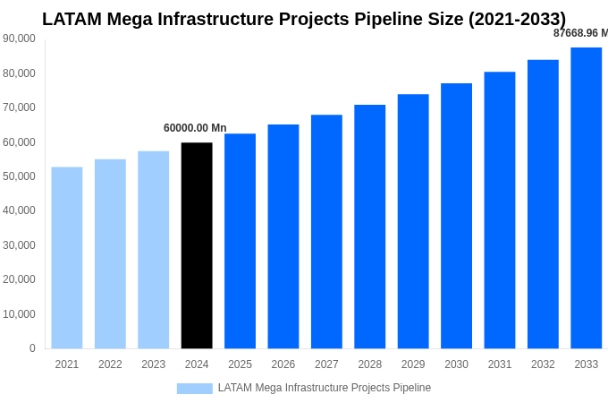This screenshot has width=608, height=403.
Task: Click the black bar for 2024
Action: click(197, 245)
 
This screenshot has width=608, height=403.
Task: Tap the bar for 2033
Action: click(586, 198)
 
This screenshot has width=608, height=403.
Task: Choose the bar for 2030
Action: click(456, 216)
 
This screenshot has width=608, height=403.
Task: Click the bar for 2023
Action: click(154, 250)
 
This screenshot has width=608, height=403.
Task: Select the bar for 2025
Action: click(240, 241)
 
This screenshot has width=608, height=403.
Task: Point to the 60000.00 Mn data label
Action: click(195, 128)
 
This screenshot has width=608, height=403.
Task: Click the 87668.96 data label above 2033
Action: click(579, 33)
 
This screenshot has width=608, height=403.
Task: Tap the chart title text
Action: click(304, 19)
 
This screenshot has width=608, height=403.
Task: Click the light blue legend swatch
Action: click(194, 389)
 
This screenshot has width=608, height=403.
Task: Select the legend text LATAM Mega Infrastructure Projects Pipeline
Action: click(325, 388)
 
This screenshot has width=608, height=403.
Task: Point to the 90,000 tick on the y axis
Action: click(19, 39)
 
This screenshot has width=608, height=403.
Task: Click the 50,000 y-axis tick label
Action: click(19, 176)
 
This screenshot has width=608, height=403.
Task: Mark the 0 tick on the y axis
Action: click(32, 348)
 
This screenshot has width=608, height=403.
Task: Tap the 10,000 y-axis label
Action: click(19, 314)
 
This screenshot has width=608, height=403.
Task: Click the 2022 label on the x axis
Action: click(110, 364)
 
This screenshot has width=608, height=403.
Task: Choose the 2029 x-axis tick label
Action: click(413, 364)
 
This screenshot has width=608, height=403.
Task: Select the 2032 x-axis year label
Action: click(543, 364)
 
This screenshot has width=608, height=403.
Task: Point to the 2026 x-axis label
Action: click(283, 364)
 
